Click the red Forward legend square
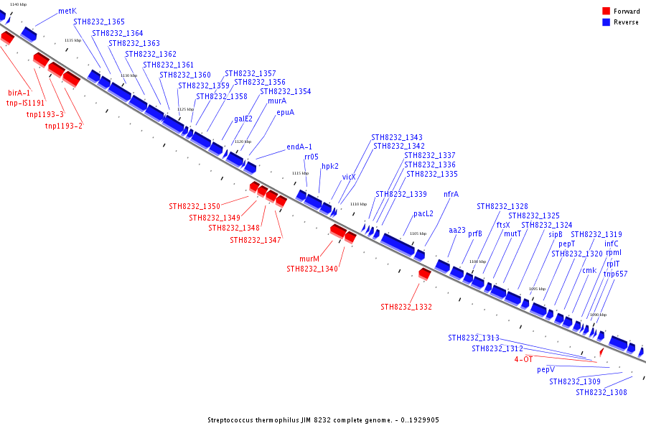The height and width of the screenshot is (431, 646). pyautogui.click(x=607, y=11)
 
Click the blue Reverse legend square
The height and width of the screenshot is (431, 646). pyautogui.click(x=607, y=22)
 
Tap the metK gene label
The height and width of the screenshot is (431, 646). pyautogui.click(x=67, y=11)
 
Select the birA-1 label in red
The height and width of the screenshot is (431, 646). pyautogui.click(x=19, y=93)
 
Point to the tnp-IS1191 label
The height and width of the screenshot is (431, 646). pyautogui.click(x=26, y=103)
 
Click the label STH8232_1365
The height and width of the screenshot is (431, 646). pyautogui.click(x=99, y=22)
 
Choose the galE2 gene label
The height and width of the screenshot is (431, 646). pyautogui.click(x=243, y=119)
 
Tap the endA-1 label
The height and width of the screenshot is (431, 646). pyautogui.click(x=299, y=147)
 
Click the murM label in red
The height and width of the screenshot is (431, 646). pyautogui.click(x=309, y=259)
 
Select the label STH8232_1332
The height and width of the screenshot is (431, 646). pyautogui.click(x=406, y=307)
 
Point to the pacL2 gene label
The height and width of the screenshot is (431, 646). pyautogui.click(x=423, y=213)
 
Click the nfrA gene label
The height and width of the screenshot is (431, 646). pyautogui.click(x=451, y=194)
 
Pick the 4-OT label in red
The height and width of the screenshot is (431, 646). pyautogui.click(x=523, y=358)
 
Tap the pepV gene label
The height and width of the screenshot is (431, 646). pyautogui.click(x=546, y=370)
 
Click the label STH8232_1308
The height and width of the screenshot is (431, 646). pyautogui.click(x=601, y=392)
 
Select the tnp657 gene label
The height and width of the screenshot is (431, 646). pyautogui.click(x=615, y=274)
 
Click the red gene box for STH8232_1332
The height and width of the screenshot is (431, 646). pyautogui.click(x=425, y=274)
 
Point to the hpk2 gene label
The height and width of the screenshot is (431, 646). pyautogui.click(x=330, y=166)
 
